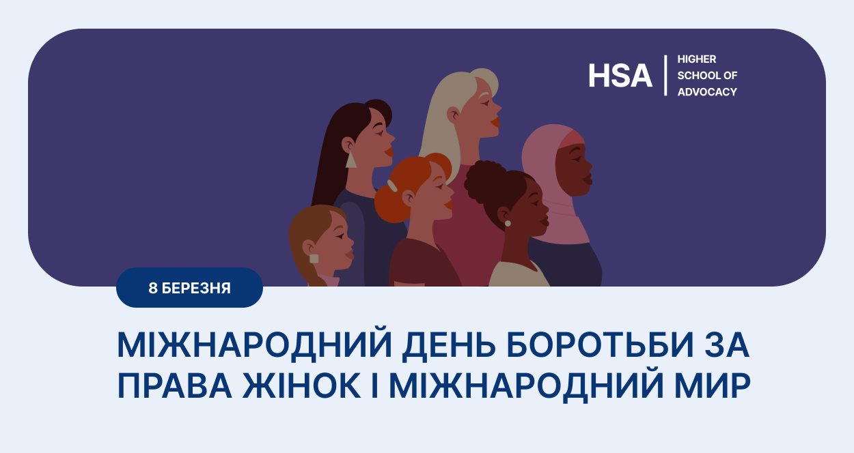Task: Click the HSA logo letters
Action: coord(620,75)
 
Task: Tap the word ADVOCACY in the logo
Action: coord(707,92)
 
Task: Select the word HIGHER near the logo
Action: coord(697,59)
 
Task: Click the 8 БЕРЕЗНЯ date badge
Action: coord(189,288)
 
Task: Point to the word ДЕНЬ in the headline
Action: coord(449,345)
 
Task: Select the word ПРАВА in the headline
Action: coord(175,385)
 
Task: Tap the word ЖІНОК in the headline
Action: coord(301,385)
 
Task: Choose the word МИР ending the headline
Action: coord(713,385)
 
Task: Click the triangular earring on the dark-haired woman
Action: coord(350,160)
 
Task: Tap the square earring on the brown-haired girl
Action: coord(314,259)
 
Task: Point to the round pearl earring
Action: coord(508,224)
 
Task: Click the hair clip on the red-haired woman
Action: coord(392,186)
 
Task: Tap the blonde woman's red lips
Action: coord(495,122)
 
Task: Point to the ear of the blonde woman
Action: coord(454,114)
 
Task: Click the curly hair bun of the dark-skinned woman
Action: coord(482,182)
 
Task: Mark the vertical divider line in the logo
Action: coord(665,75)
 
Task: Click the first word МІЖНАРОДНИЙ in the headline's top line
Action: coord(254,345)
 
